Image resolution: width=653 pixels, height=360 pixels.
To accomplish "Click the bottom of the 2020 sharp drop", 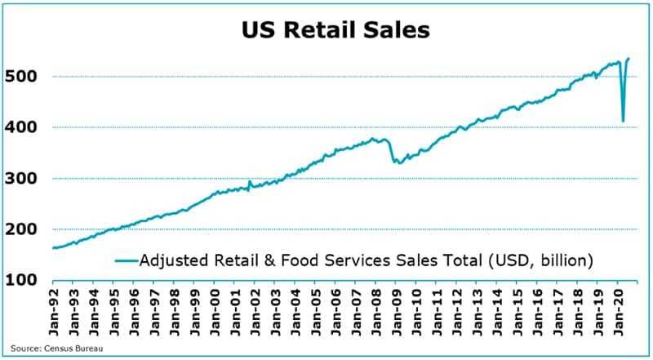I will click(623, 122).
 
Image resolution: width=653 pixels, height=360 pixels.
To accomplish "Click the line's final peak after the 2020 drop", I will click(628, 59).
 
